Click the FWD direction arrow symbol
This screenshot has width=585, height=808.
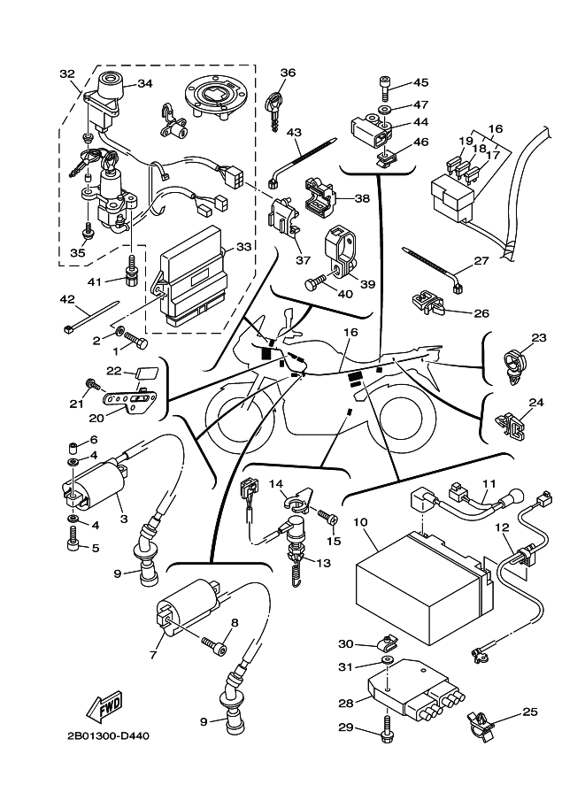click(105, 707)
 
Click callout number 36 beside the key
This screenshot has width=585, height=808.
click(289, 73)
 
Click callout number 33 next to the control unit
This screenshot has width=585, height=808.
click(244, 247)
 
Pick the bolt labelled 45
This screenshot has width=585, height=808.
click(383, 84)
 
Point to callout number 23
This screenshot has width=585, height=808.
click(539, 337)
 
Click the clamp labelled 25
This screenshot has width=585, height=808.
click(479, 724)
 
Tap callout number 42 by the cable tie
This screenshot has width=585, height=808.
click(68, 299)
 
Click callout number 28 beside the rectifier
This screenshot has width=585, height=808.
click(345, 703)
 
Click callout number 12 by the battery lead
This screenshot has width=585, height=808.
click(501, 528)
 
